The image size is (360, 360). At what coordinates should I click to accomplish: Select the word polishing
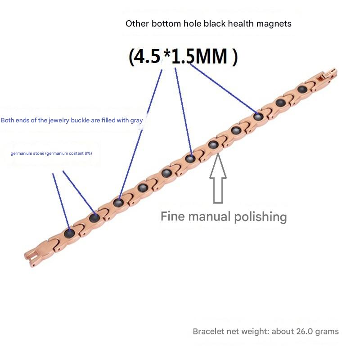(x=261, y=217)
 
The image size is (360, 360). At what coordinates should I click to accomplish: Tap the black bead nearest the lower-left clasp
(x=69, y=234)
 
